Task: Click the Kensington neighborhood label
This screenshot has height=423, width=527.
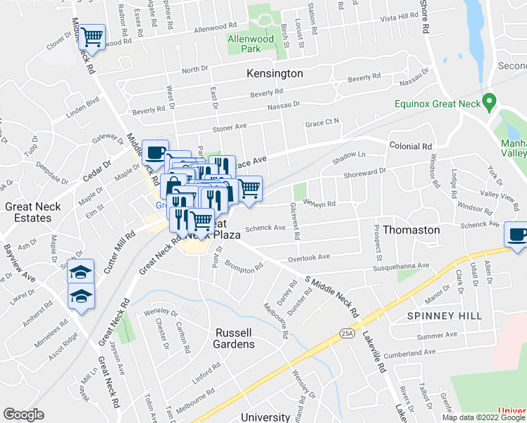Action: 275,73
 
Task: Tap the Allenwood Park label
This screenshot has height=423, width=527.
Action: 244,44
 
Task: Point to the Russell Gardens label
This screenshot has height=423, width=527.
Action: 235,338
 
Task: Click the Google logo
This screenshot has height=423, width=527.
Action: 23,415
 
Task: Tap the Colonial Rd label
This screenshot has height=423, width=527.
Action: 410,146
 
